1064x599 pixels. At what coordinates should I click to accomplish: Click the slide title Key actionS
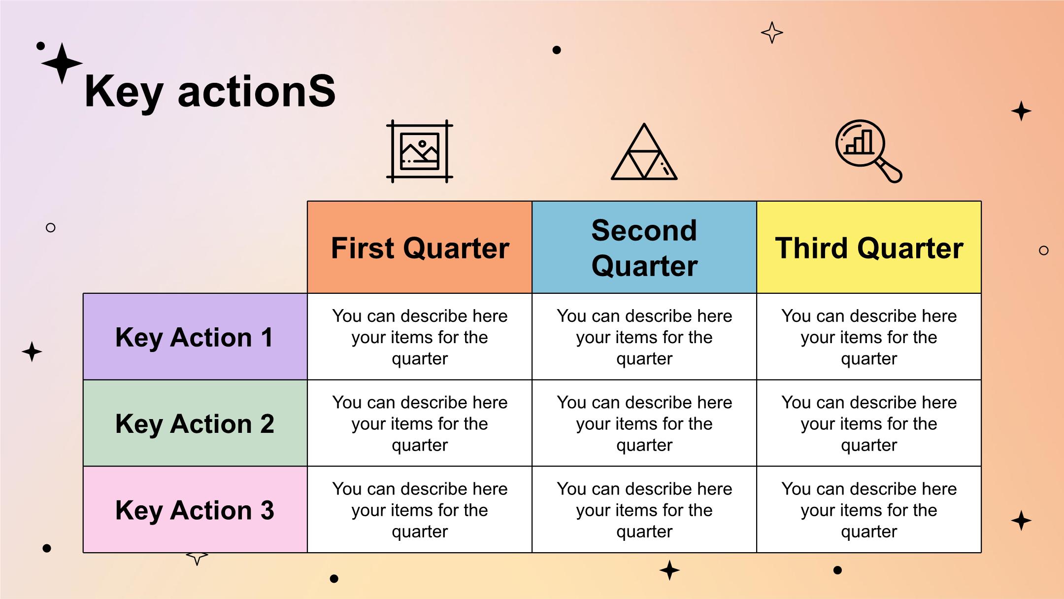pyautogui.click(x=210, y=92)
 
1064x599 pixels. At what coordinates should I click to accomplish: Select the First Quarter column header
pyautogui.click(x=420, y=247)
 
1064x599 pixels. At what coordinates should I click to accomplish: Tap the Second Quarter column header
pyautogui.click(x=644, y=247)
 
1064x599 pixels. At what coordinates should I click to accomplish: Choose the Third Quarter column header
pyautogui.click(x=869, y=247)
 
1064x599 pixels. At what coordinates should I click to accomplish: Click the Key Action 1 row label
pyautogui.click(x=195, y=337)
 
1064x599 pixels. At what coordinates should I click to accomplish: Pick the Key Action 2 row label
pyautogui.click(x=195, y=423)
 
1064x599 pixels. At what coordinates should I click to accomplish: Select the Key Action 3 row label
pyautogui.click(x=195, y=509)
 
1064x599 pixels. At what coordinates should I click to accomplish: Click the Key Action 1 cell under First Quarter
pyautogui.click(x=420, y=337)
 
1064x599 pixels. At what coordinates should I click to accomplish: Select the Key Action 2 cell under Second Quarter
pyautogui.click(x=644, y=423)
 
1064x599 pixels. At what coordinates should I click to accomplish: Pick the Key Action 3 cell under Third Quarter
pyautogui.click(x=869, y=509)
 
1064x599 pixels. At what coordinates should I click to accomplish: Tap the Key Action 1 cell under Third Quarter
pyautogui.click(x=869, y=337)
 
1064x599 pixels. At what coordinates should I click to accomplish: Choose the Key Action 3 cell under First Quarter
pyautogui.click(x=420, y=509)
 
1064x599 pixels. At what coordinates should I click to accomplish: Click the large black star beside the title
pyautogui.click(x=62, y=63)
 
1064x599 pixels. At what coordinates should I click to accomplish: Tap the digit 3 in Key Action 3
pyautogui.click(x=267, y=510)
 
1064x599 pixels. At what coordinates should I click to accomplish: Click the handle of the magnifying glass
pyautogui.click(x=891, y=170)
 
